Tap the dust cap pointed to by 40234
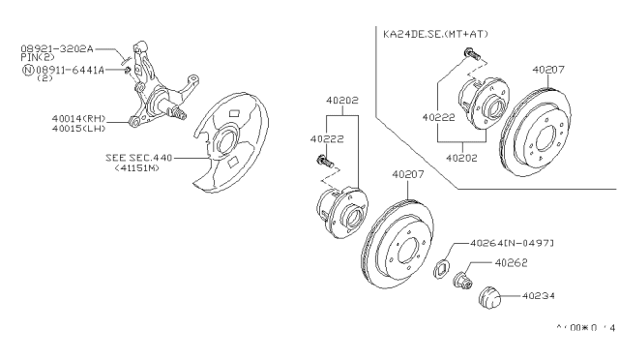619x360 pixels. click(492, 294)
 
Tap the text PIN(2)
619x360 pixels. click(37, 58)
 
